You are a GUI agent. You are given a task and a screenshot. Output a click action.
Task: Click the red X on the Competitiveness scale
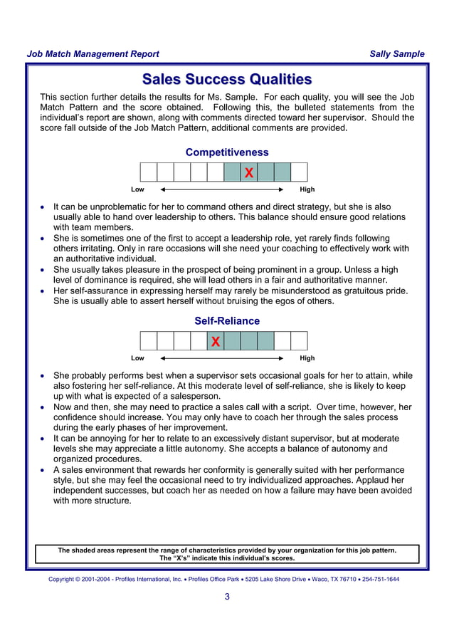point(248,173)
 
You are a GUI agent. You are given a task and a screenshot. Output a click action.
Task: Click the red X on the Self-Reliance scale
point(215,342)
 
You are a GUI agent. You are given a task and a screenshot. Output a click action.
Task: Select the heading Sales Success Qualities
point(227,79)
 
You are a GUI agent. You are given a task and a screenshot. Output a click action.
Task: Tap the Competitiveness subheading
point(227,152)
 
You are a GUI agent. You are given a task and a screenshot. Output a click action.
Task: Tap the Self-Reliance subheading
point(227,321)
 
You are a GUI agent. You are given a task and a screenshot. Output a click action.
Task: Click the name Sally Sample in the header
point(397,54)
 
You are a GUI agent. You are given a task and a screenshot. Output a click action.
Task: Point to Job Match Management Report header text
point(93,54)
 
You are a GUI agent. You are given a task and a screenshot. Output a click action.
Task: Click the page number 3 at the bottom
point(227,597)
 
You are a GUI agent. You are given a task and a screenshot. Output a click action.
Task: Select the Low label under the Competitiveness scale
point(137,190)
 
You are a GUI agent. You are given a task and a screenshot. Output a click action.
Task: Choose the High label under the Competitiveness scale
point(307,190)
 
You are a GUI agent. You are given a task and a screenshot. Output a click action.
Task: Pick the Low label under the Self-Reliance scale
point(137,358)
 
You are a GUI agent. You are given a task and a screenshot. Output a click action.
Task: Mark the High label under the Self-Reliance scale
point(307,358)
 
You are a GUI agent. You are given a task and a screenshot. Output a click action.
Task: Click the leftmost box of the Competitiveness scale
point(148,172)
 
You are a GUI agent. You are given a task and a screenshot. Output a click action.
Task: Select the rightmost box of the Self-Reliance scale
point(300,341)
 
